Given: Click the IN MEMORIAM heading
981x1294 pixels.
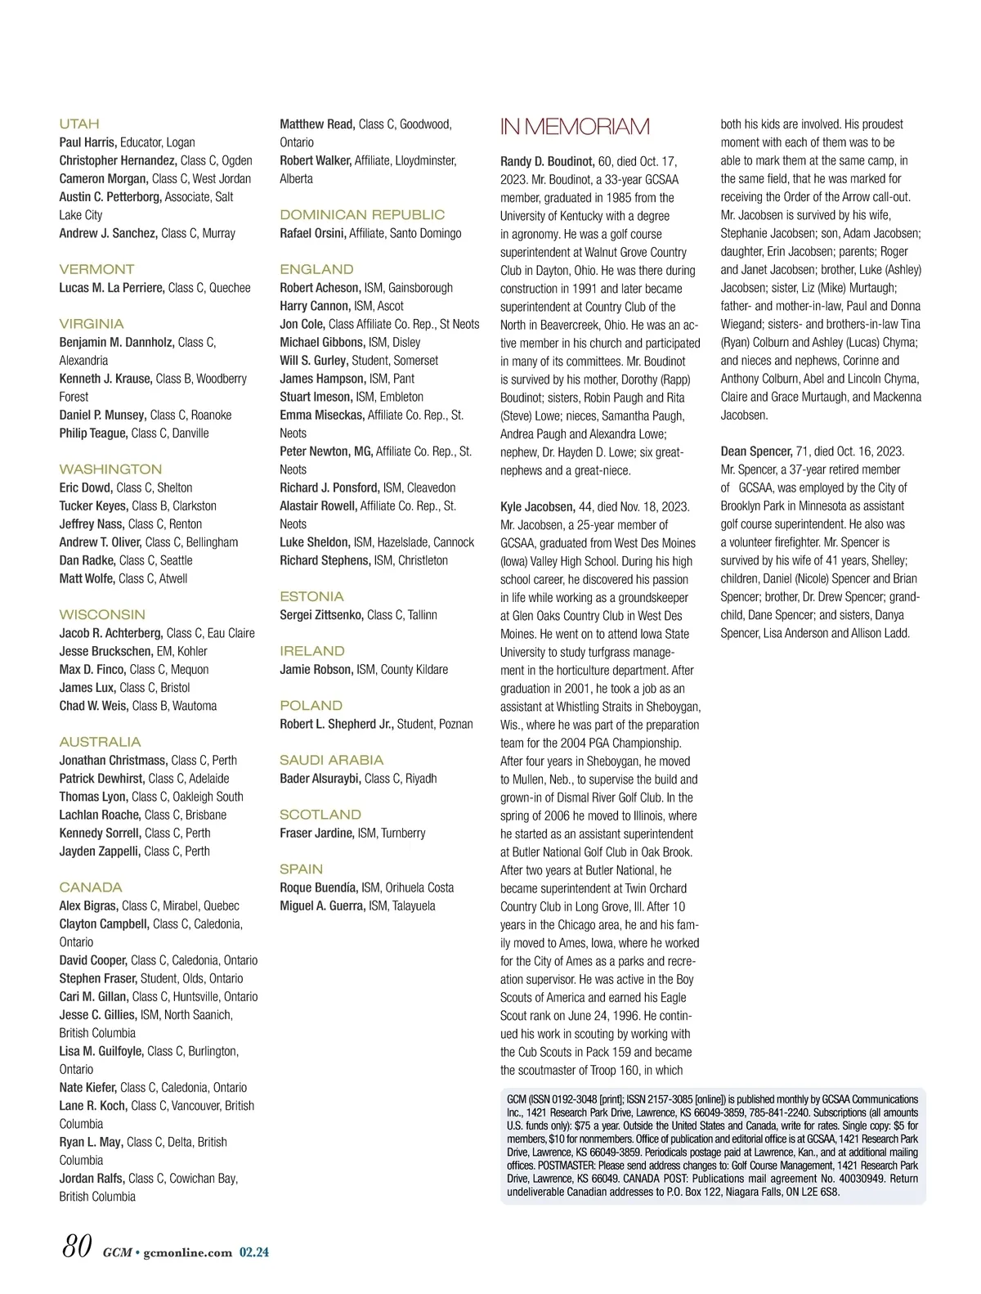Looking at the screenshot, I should (x=575, y=127).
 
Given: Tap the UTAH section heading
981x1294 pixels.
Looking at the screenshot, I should (x=79, y=124).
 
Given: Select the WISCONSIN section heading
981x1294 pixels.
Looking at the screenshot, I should (x=102, y=614).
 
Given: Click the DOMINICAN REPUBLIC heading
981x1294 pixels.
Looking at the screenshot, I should (x=362, y=214).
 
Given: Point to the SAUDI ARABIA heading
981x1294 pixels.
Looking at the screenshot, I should (x=331, y=760).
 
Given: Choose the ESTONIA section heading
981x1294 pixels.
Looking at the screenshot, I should (x=311, y=596).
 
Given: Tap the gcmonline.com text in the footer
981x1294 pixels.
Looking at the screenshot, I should (x=187, y=1251).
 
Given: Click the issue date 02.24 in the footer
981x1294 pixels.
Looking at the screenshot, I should (x=253, y=1251).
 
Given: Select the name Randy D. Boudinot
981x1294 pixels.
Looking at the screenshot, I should (x=547, y=161).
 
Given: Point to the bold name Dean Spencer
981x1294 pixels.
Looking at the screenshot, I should (x=756, y=452).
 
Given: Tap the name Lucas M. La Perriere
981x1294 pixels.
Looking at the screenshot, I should (x=112, y=288).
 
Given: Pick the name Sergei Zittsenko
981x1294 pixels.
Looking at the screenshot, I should (x=321, y=615).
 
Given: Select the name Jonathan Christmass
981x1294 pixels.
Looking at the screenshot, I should (x=113, y=761).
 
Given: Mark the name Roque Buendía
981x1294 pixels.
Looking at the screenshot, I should (x=319, y=887).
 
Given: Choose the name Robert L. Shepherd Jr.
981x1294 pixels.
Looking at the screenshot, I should (x=337, y=724).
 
